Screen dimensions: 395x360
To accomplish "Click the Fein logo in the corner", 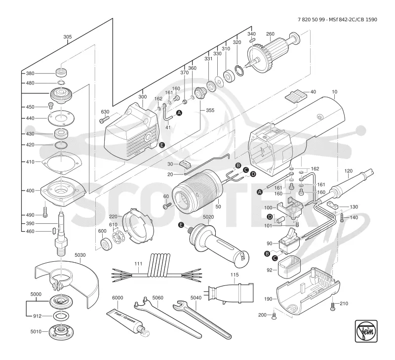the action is [x=366, y=331].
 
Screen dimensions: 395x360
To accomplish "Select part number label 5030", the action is [x=80, y=255].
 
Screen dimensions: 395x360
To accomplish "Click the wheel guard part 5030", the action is [x=67, y=280].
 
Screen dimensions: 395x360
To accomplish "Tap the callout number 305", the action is [x=67, y=37].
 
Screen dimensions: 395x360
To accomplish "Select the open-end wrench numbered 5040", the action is [x=201, y=319].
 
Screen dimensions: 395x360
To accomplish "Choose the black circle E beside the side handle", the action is [x=181, y=225].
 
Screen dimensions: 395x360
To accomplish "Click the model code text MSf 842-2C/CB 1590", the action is [x=353, y=20].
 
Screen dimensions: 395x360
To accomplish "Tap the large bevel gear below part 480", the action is [x=61, y=94].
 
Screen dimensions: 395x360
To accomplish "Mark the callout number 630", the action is [x=105, y=112].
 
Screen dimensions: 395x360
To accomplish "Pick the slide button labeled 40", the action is [x=296, y=96].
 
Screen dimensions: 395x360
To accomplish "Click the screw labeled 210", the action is [x=333, y=306].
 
